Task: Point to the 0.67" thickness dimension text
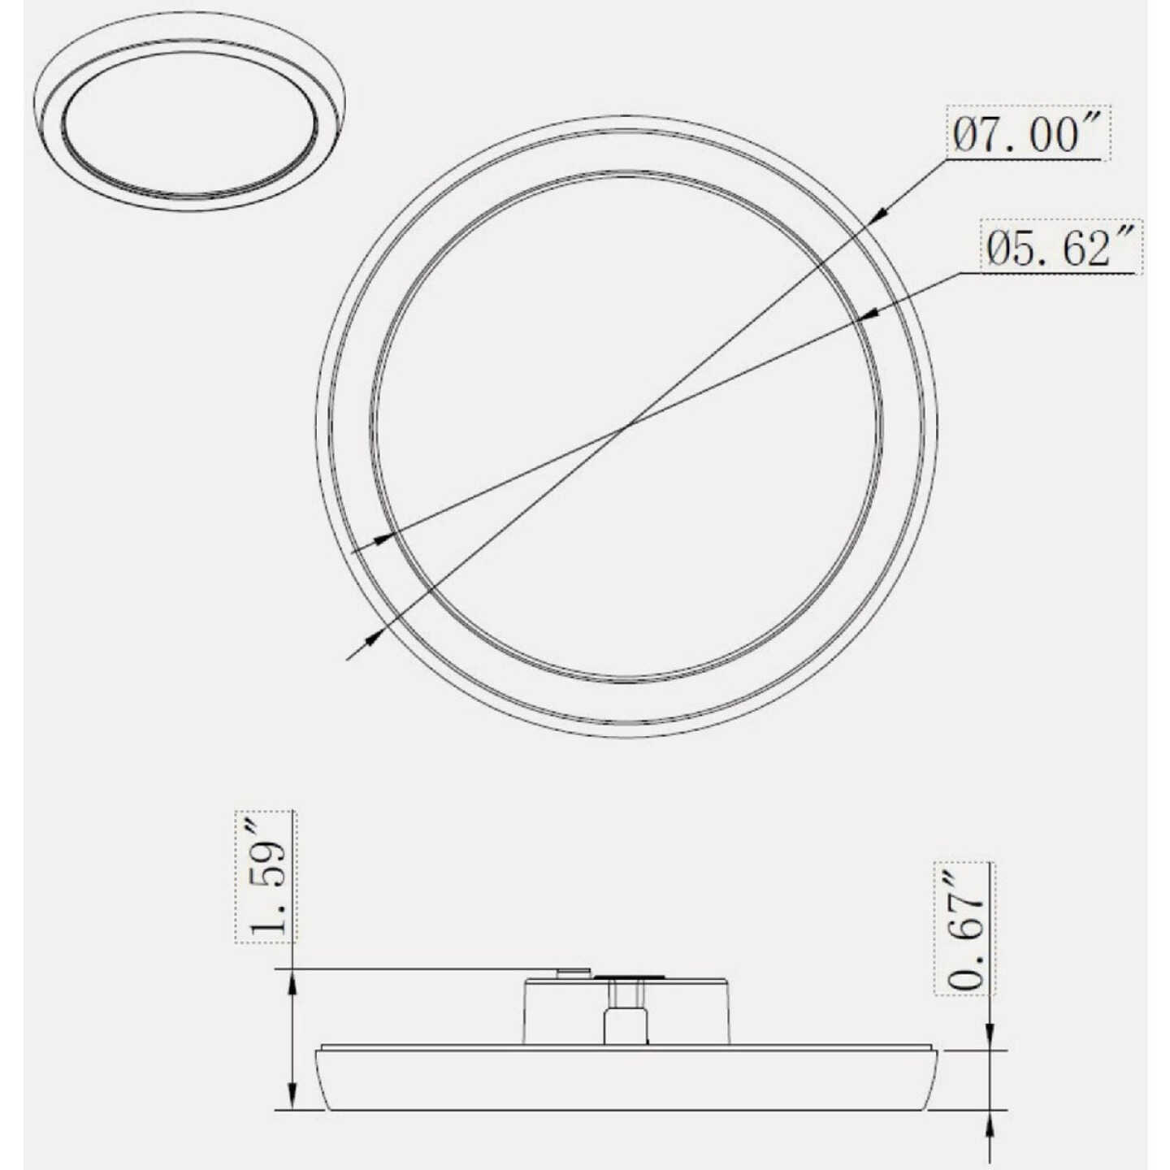coord(964,938)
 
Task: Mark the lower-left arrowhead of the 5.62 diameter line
coord(383,537)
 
